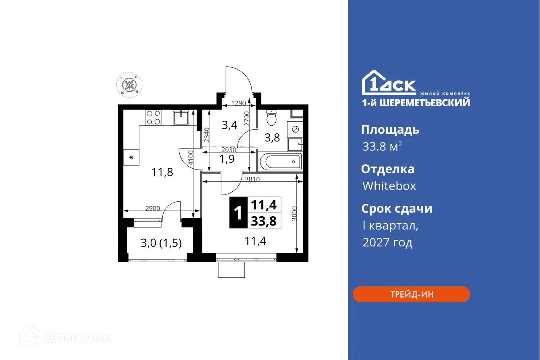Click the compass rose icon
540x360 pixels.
coord(129,85)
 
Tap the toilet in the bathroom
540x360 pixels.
coord(272,118)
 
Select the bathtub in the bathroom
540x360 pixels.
coord(281,162)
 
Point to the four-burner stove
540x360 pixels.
coord(153,117)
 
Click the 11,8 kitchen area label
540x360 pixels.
coord(162,172)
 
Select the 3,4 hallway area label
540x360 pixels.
coord(230,125)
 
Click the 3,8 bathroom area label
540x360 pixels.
coord(272,138)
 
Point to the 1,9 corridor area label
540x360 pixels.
coord(227,158)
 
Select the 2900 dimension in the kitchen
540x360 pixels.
coord(153,208)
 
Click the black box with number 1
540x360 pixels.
coord(238,213)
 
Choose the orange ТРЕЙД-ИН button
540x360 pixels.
coord(411,294)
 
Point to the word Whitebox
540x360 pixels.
coord(389,186)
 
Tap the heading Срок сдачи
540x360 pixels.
coord(397,209)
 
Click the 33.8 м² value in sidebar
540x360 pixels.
coord(382,147)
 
